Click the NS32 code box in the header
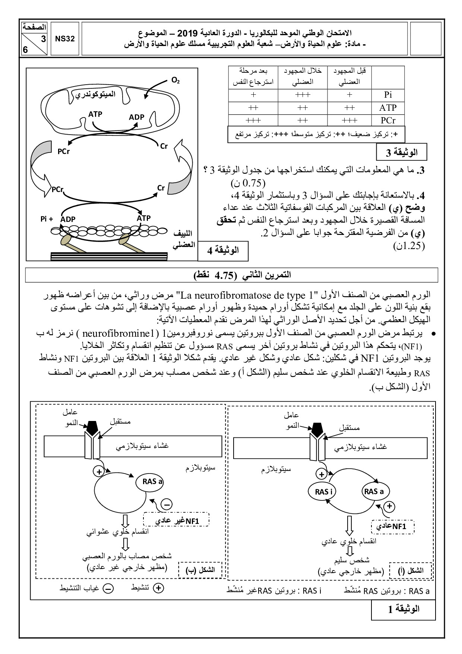[x=65, y=39]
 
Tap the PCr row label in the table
[x=388, y=120]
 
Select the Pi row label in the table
[x=388, y=95]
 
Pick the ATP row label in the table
[x=388, y=108]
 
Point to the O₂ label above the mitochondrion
[x=175, y=80]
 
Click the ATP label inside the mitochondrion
[x=95, y=114]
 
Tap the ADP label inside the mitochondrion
[x=136, y=117]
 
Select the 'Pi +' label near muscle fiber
[x=47, y=219]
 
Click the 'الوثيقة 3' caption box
[x=401, y=152]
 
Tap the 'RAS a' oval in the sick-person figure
[x=153, y=481]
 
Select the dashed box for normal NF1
[x=393, y=526]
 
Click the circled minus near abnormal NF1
[x=167, y=504]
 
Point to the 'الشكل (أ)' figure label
[x=411, y=570]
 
